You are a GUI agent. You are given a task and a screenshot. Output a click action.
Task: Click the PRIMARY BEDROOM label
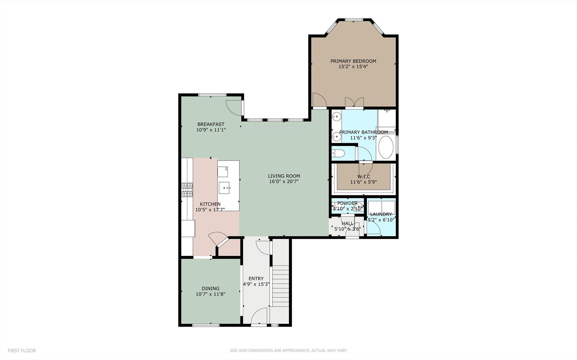(353, 61)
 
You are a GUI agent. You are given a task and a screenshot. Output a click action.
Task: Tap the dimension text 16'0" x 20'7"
(284, 182)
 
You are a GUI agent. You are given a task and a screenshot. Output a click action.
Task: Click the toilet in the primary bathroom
(338, 154)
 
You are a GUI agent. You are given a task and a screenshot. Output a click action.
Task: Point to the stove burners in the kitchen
(187, 190)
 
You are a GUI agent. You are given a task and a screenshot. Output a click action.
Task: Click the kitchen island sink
(225, 188)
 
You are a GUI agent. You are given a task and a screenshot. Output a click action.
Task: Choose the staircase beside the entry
(280, 286)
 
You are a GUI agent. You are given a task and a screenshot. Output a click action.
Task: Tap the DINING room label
(210, 288)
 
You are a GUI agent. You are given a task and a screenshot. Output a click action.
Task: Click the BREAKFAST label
(211, 124)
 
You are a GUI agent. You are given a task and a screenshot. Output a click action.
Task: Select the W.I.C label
(363, 177)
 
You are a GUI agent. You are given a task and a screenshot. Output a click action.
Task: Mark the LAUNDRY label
(381, 214)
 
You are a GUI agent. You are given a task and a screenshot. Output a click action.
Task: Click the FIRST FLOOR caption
(22, 351)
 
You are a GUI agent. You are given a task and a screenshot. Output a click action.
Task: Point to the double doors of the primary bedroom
(354, 102)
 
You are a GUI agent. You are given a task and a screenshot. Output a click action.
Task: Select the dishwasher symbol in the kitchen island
(223, 171)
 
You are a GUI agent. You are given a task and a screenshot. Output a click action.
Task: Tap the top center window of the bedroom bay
(354, 20)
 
